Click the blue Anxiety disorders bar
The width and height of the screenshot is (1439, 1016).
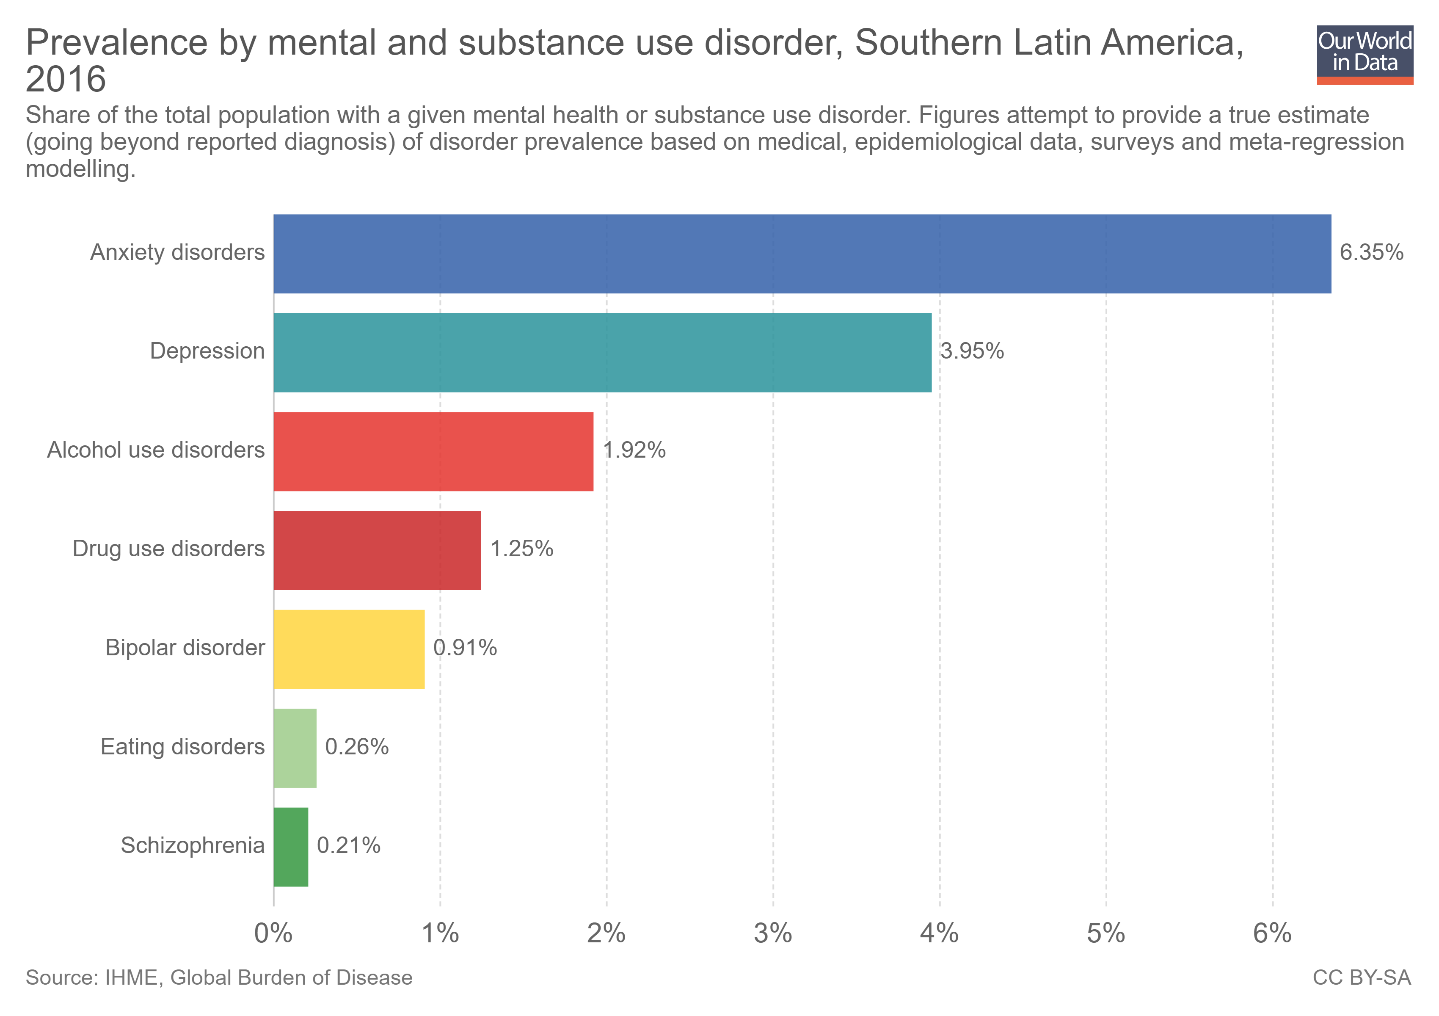coord(802,254)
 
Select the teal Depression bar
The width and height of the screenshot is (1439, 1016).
coord(602,353)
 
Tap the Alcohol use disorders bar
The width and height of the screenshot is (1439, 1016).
coord(433,451)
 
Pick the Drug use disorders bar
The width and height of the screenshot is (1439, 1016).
coord(377,550)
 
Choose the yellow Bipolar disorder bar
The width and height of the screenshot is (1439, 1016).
coord(349,649)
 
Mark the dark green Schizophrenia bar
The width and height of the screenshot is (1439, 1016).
coord(291,847)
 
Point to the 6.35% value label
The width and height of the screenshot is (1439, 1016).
coord(1371,253)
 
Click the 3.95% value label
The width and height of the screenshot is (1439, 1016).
coord(972,351)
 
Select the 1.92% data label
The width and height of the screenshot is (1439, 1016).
coord(634,450)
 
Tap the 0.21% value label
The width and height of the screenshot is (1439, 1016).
coord(348,845)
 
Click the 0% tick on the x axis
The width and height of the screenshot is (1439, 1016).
coord(273,934)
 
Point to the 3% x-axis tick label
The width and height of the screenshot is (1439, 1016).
coord(773,934)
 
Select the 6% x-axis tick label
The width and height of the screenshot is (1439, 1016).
coord(1272,934)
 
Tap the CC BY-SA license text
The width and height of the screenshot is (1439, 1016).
coord(1361,978)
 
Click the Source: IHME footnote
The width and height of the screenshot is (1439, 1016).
coord(219,978)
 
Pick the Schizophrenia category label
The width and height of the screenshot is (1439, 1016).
coord(193,845)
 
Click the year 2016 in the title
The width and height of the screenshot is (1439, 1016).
coord(66,80)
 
